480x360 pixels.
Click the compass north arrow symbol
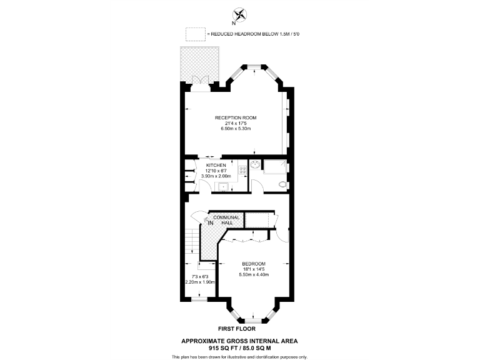[240, 14]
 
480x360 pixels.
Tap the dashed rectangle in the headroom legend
[196, 33]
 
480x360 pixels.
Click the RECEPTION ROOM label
[235, 117]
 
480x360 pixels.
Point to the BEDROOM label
[254, 263]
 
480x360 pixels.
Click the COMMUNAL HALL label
[226, 219]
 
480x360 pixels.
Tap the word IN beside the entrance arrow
[211, 222]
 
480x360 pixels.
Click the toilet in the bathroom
[282, 184]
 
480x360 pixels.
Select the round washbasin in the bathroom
[255, 166]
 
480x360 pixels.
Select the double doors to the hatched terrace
[201, 82]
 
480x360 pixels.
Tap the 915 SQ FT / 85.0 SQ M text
[239, 347]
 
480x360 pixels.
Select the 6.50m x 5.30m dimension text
[235, 128]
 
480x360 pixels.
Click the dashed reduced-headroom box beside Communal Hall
[256, 219]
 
